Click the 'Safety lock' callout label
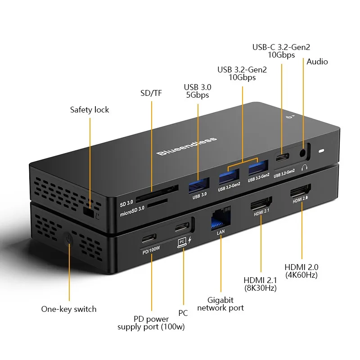(x=89, y=110)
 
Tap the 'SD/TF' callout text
(x=151, y=94)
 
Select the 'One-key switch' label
(x=69, y=309)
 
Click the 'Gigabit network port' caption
(x=220, y=304)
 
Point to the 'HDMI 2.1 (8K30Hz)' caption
(x=260, y=284)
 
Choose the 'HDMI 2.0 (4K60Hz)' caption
(x=301, y=270)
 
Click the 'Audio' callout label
(x=317, y=62)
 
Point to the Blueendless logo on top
(x=187, y=146)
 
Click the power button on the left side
(x=68, y=239)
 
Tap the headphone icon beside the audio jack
(x=306, y=168)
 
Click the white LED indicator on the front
(x=321, y=150)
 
